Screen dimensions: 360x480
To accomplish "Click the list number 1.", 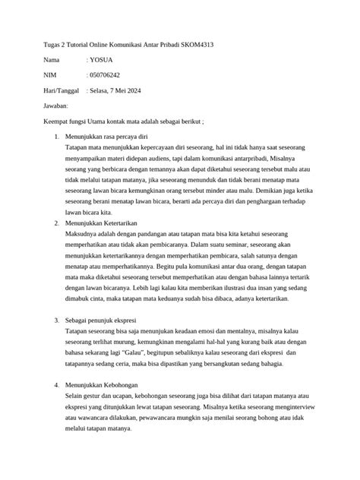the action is [51, 135].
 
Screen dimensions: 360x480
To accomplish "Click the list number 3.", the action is [51, 323].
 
